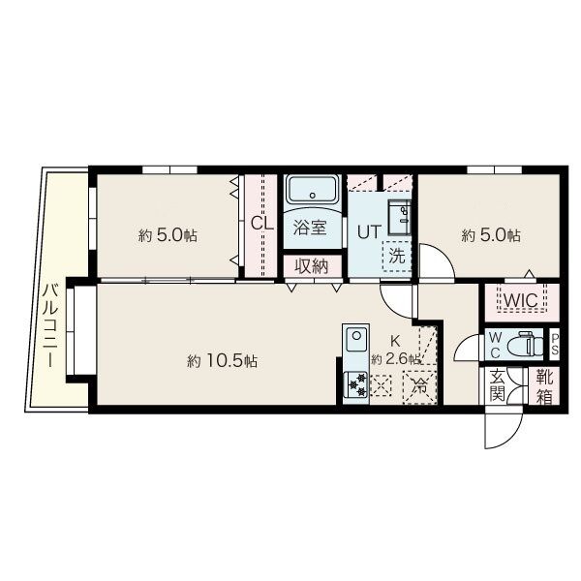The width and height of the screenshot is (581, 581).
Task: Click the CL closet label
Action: click(x=262, y=223)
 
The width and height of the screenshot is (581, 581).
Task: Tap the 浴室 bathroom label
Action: click(x=310, y=228)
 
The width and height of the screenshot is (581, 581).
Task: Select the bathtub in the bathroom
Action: click(x=313, y=189)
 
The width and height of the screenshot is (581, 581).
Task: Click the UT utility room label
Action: click(x=369, y=232)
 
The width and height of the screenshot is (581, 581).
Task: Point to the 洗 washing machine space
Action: click(x=396, y=256)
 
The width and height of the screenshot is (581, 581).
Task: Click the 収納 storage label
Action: click(x=312, y=265)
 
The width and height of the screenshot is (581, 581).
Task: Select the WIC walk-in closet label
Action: click(x=521, y=300)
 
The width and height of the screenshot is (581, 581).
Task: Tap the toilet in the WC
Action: click(x=525, y=344)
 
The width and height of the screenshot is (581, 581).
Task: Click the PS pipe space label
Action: click(x=555, y=345)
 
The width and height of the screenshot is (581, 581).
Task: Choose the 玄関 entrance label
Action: click(x=497, y=386)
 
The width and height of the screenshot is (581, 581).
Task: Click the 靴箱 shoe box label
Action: click(x=544, y=386)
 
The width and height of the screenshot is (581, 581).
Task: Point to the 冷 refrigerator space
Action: click(x=419, y=386)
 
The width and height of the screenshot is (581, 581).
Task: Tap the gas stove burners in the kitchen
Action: click(x=355, y=384)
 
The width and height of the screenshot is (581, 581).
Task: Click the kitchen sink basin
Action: click(x=356, y=339)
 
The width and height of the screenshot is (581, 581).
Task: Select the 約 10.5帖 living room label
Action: click(x=222, y=361)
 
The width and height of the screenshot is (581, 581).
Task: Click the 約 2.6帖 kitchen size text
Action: click(x=395, y=358)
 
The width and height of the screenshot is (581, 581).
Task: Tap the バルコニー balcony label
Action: click(x=49, y=325)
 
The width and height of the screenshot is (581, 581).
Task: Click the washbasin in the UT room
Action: click(x=399, y=218)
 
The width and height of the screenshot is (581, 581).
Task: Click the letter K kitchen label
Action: click(x=395, y=340)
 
